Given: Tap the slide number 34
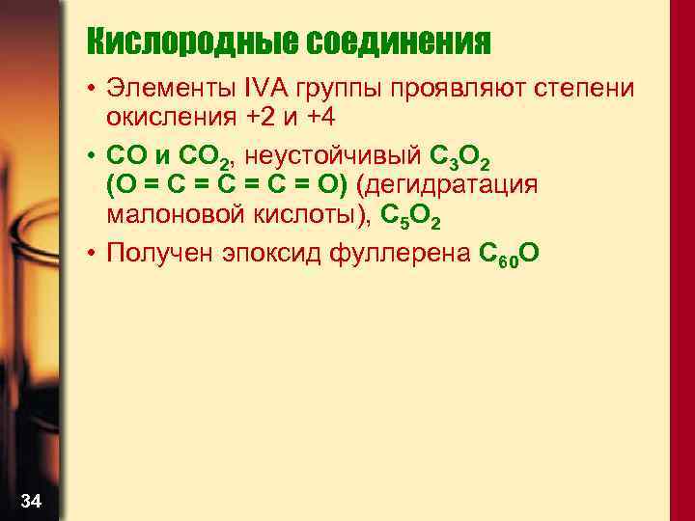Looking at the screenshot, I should (x=31, y=500).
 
